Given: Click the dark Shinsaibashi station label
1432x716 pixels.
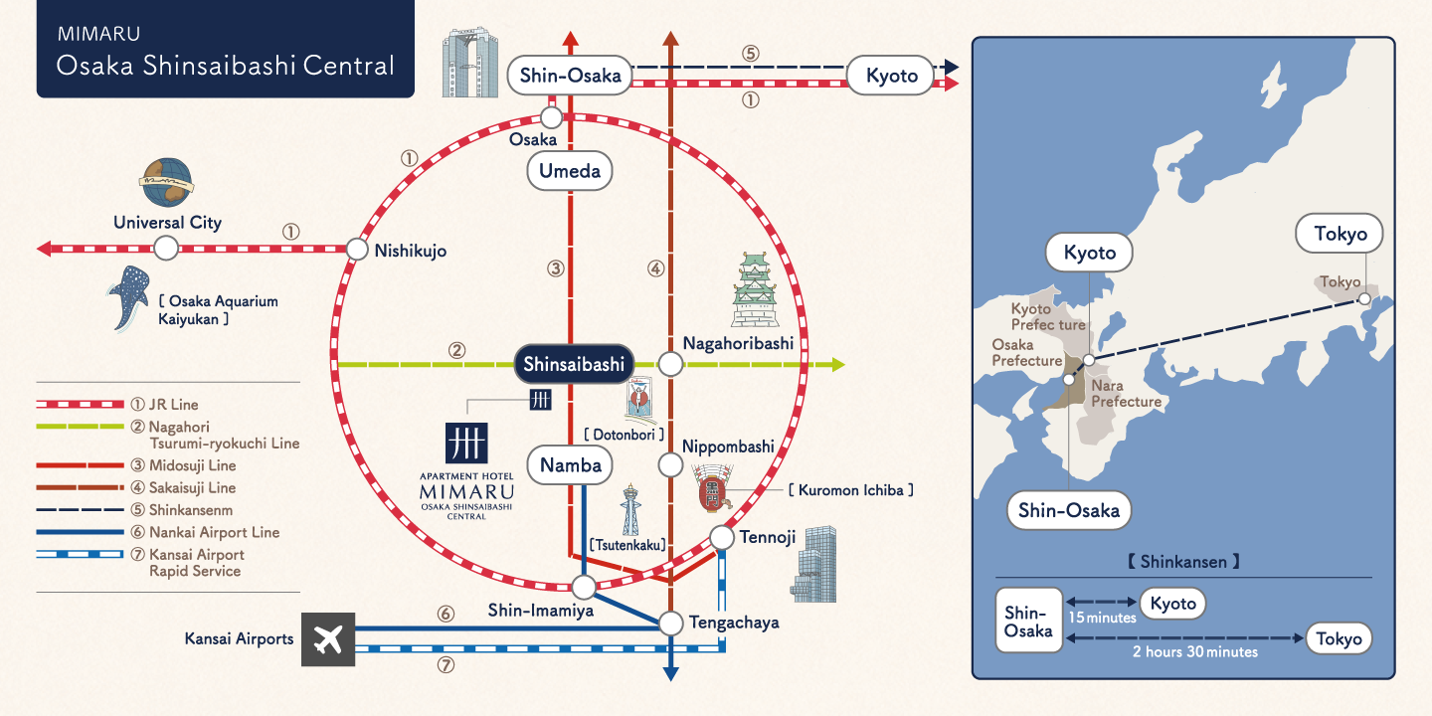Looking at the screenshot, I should coord(574,365).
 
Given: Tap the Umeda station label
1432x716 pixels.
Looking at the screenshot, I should coord(570,171).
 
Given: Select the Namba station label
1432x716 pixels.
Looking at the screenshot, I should coord(571,464).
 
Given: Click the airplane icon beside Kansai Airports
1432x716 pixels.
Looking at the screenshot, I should coord(327,639).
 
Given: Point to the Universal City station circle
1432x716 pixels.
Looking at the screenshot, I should coord(166,248).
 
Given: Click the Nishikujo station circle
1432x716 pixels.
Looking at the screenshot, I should coord(357,249).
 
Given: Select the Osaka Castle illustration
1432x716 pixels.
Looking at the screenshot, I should coord(754,290).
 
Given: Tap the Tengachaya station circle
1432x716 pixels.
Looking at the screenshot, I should coord(671,624).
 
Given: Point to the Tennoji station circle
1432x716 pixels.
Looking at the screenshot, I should coord(722,538).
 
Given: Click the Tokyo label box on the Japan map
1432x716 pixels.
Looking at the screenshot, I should coord(1340,235).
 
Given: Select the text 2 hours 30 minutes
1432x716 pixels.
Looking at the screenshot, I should coord(1194,652).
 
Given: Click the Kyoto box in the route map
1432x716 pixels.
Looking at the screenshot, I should coord(891,76).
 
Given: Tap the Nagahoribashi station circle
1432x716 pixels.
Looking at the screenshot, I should coord(671,365).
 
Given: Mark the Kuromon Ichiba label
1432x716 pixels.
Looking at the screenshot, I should coord(850,490).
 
